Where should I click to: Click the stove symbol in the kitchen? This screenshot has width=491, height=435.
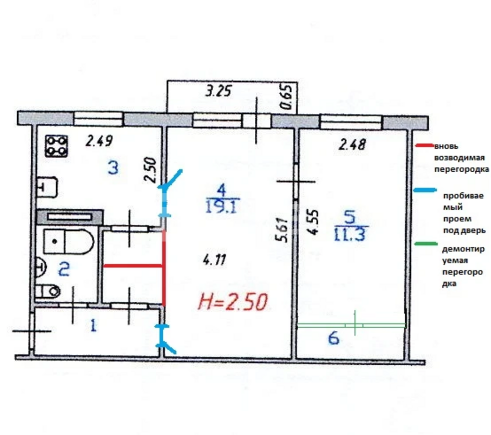point(57,146)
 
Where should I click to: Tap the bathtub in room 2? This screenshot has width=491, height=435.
point(68,242)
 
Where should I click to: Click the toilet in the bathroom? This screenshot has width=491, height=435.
point(47,291)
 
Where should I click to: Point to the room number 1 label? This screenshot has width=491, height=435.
point(93,325)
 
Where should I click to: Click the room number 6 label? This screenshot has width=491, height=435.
point(334,338)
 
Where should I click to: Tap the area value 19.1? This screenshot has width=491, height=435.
point(222,207)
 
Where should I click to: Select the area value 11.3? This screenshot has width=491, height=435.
point(350,234)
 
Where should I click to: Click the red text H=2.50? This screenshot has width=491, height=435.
point(233,302)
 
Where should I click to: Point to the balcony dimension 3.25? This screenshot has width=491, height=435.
point(218,91)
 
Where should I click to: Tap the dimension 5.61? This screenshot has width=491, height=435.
point(281,230)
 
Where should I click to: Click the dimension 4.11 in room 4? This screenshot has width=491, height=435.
point(214,260)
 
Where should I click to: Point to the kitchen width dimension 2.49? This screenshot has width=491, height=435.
point(99,141)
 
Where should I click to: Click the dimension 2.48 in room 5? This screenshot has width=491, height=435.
point(352,145)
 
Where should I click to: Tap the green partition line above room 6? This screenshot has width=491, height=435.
point(351,325)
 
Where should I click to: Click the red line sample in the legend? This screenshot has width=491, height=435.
point(425,145)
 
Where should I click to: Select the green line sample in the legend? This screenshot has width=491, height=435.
point(426,243)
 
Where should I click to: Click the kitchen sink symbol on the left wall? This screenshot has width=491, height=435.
point(47,188)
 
